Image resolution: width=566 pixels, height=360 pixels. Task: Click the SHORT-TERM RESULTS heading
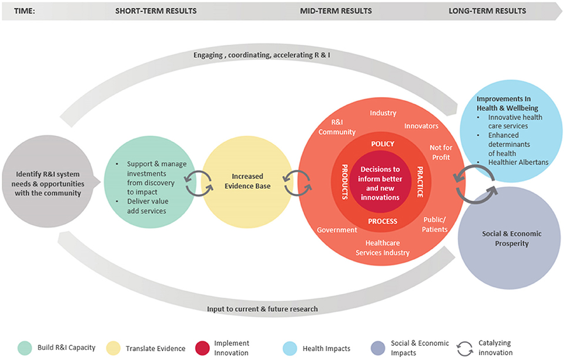pos(156,11)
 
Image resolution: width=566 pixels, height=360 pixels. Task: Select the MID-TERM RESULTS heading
pos(336,11)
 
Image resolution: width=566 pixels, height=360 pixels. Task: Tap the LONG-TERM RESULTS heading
pos(487,11)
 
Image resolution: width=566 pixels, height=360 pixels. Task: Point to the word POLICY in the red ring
pos(383,144)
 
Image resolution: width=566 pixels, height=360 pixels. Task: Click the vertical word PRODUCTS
pos(346,182)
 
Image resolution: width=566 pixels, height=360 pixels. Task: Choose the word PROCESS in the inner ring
pos(383,221)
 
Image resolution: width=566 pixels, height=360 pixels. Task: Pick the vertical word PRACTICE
pos(420,182)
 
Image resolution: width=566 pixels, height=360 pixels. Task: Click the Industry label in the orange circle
pos(383,113)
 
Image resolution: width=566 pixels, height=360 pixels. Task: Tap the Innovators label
pos(421,126)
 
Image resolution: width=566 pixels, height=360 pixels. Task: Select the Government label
pos(337,230)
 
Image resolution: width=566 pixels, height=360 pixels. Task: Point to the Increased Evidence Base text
pos(247,181)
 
